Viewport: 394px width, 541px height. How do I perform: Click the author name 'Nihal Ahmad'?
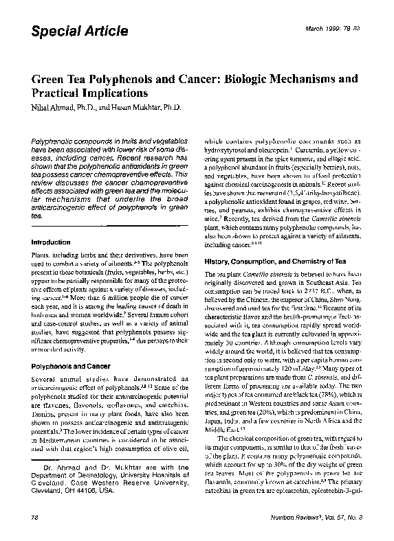(52, 107)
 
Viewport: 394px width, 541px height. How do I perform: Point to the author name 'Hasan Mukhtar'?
(146, 107)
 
